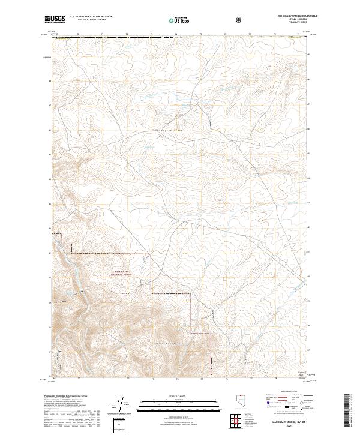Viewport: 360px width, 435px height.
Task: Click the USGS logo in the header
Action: point(55,19)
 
